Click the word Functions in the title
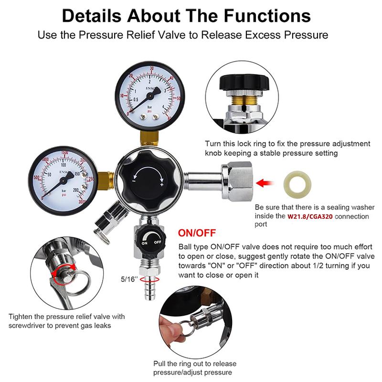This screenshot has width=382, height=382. (x=267, y=16)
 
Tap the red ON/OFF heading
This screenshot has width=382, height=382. (x=197, y=233)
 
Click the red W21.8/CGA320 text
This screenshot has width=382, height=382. (x=310, y=216)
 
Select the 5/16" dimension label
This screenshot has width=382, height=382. (x=129, y=279)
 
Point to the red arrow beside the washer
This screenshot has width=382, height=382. (x=265, y=183)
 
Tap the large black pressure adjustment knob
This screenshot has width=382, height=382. (x=149, y=180)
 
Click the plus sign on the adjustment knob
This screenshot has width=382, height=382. (x=161, y=185)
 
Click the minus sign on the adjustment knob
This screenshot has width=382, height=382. (x=134, y=181)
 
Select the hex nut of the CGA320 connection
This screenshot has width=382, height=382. (x=237, y=181)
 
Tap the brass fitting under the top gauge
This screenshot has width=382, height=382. (x=149, y=138)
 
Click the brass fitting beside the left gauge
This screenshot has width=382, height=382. (x=106, y=180)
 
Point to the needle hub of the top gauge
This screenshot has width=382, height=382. (x=150, y=97)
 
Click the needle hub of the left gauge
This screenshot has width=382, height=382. (x=64, y=180)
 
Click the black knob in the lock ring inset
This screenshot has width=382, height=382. (x=244, y=83)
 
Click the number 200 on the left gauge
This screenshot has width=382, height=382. (x=75, y=190)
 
